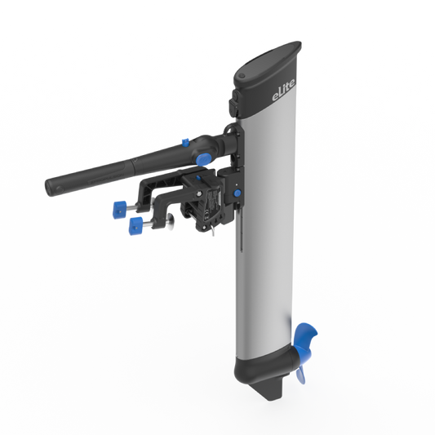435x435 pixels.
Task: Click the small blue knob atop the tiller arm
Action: pyautogui.click(x=186, y=141)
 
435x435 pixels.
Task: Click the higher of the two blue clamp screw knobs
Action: pyautogui.click(x=119, y=209)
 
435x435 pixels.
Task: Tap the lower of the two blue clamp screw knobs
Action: pyautogui.click(x=134, y=223)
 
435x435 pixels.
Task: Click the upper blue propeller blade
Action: pyautogui.click(x=306, y=336)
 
